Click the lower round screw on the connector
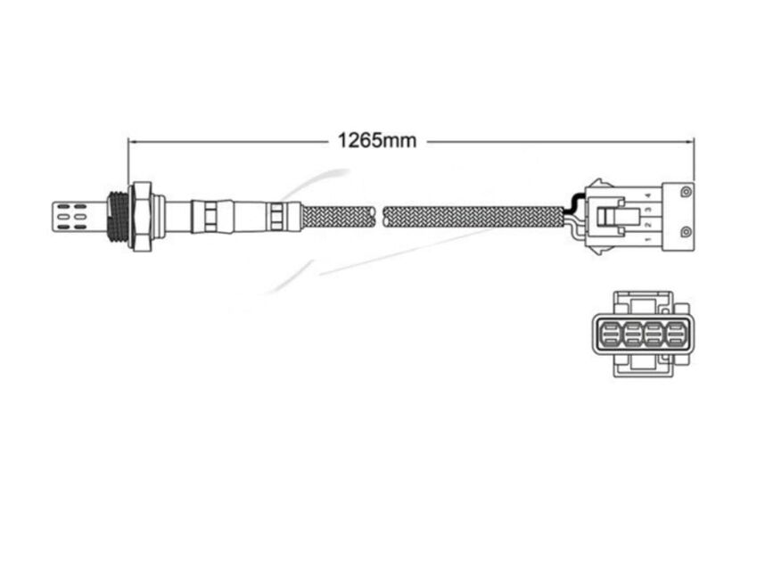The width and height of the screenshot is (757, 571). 684,233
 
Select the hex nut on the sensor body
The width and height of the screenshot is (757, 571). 141,217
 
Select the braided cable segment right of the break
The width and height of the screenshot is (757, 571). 473,217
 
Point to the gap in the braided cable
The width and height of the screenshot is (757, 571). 379,217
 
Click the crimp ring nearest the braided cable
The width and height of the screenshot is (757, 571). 277,217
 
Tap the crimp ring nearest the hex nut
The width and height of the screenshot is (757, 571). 204,217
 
